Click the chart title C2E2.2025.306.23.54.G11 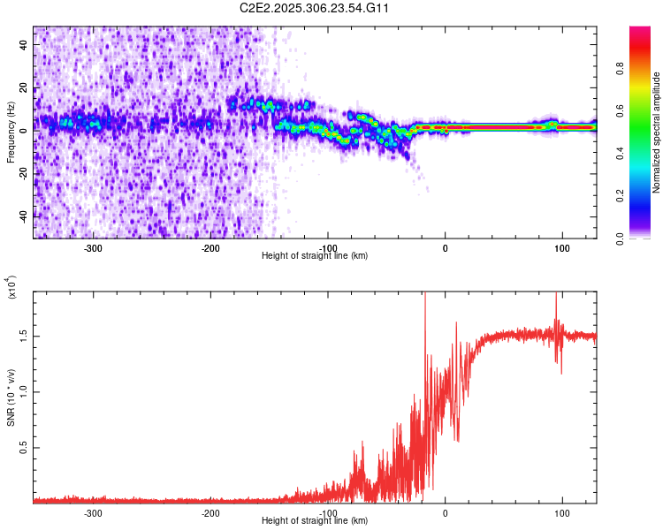click(315, 9)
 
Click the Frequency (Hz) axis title click(10, 133)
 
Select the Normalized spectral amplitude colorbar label click(657, 133)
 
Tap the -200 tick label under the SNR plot click(210, 511)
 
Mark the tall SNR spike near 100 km click(555, 305)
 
